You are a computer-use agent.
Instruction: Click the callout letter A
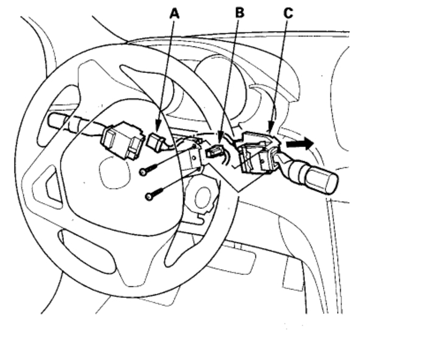point(175,12)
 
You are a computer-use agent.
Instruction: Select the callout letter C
point(288,12)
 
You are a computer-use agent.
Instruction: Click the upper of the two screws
point(145,172)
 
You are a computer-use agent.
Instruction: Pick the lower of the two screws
point(150,196)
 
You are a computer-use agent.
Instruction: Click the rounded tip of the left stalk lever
point(54,120)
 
